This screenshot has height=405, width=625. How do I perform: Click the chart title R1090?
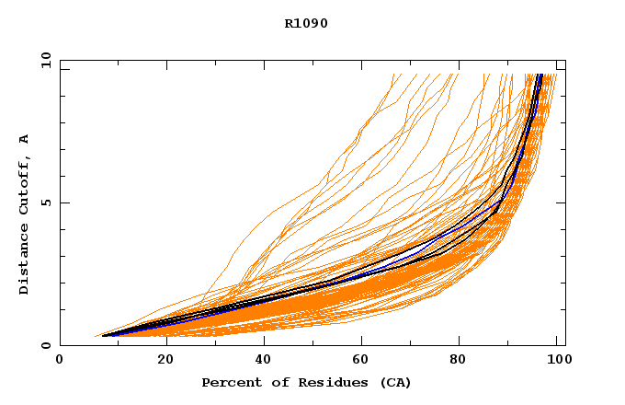click(307, 23)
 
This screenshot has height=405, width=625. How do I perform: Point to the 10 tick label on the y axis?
click(45, 60)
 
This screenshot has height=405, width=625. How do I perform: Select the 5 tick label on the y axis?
click(45, 202)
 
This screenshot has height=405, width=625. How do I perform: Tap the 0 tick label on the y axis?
click(45, 345)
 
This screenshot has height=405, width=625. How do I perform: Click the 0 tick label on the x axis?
click(60, 362)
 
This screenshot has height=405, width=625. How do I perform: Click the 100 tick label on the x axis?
click(557, 362)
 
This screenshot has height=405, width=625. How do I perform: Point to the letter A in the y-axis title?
click(25, 139)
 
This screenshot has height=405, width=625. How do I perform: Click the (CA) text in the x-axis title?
click(393, 382)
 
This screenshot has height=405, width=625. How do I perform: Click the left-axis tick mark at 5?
click(63, 202)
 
